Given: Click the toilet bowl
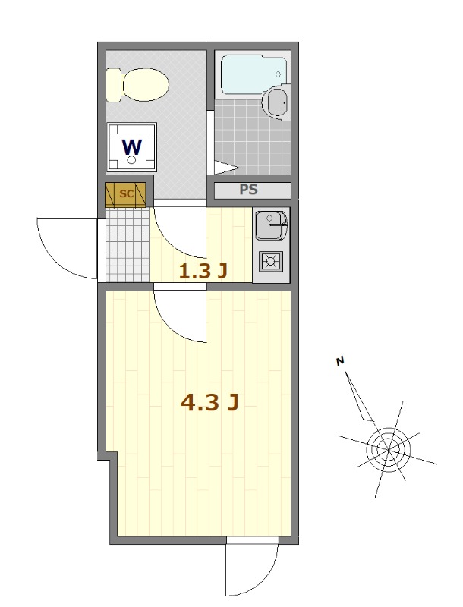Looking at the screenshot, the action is pyautogui.click(x=145, y=85).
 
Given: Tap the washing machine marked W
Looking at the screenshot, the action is pyautogui.click(x=132, y=147).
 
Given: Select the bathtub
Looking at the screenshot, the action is pyautogui.click(x=254, y=74).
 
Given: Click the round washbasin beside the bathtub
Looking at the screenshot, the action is pyautogui.click(x=276, y=102).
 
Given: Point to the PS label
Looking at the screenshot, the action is pyautogui.click(x=248, y=190).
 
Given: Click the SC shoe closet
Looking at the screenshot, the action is pyautogui.click(x=126, y=194).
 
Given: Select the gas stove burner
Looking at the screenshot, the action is pyautogui.click(x=272, y=261).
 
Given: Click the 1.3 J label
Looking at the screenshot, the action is pyautogui.click(x=203, y=272).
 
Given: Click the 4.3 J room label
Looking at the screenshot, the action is pyautogui.click(x=209, y=403).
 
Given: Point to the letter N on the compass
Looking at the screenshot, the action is pyautogui.click(x=340, y=362).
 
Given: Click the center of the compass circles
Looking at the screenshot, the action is pyautogui.click(x=389, y=450).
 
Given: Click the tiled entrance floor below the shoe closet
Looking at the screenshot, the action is pyautogui.click(x=128, y=244).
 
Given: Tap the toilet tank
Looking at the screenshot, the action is pyautogui.click(x=114, y=85).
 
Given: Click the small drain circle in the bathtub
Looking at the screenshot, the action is pyautogui.click(x=278, y=74).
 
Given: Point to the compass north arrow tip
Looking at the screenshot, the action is pyautogui.click(x=346, y=373).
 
